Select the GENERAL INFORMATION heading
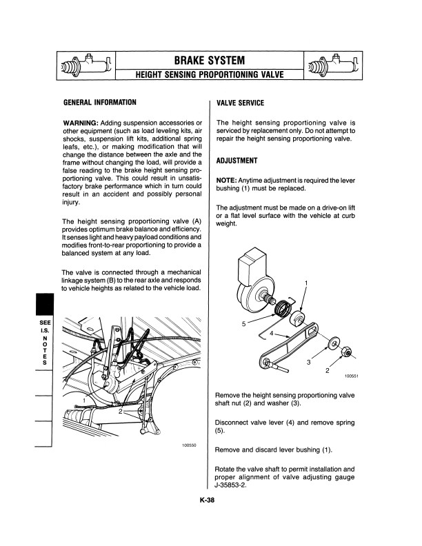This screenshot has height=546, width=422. click(x=99, y=103)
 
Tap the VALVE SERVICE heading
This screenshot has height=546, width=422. click(x=240, y=103)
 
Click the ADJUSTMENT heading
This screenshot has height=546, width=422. click(x=237, y=161)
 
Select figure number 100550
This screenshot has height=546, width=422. click(x=189, y=445)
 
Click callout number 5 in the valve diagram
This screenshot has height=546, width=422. click(x=243, y=323)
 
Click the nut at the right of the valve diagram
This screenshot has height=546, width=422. click(x=349, y=354)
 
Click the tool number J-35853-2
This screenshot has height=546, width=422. click(x=236, y=485)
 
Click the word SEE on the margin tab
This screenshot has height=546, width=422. click(x=45, y=323)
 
